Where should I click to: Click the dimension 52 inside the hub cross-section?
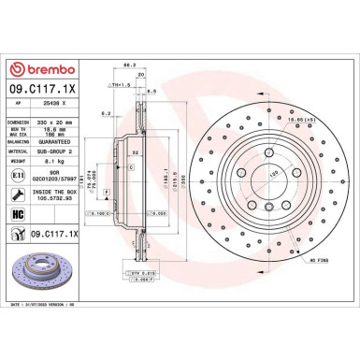tap(135, 152)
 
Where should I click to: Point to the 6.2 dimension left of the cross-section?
tap(108, 114)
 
